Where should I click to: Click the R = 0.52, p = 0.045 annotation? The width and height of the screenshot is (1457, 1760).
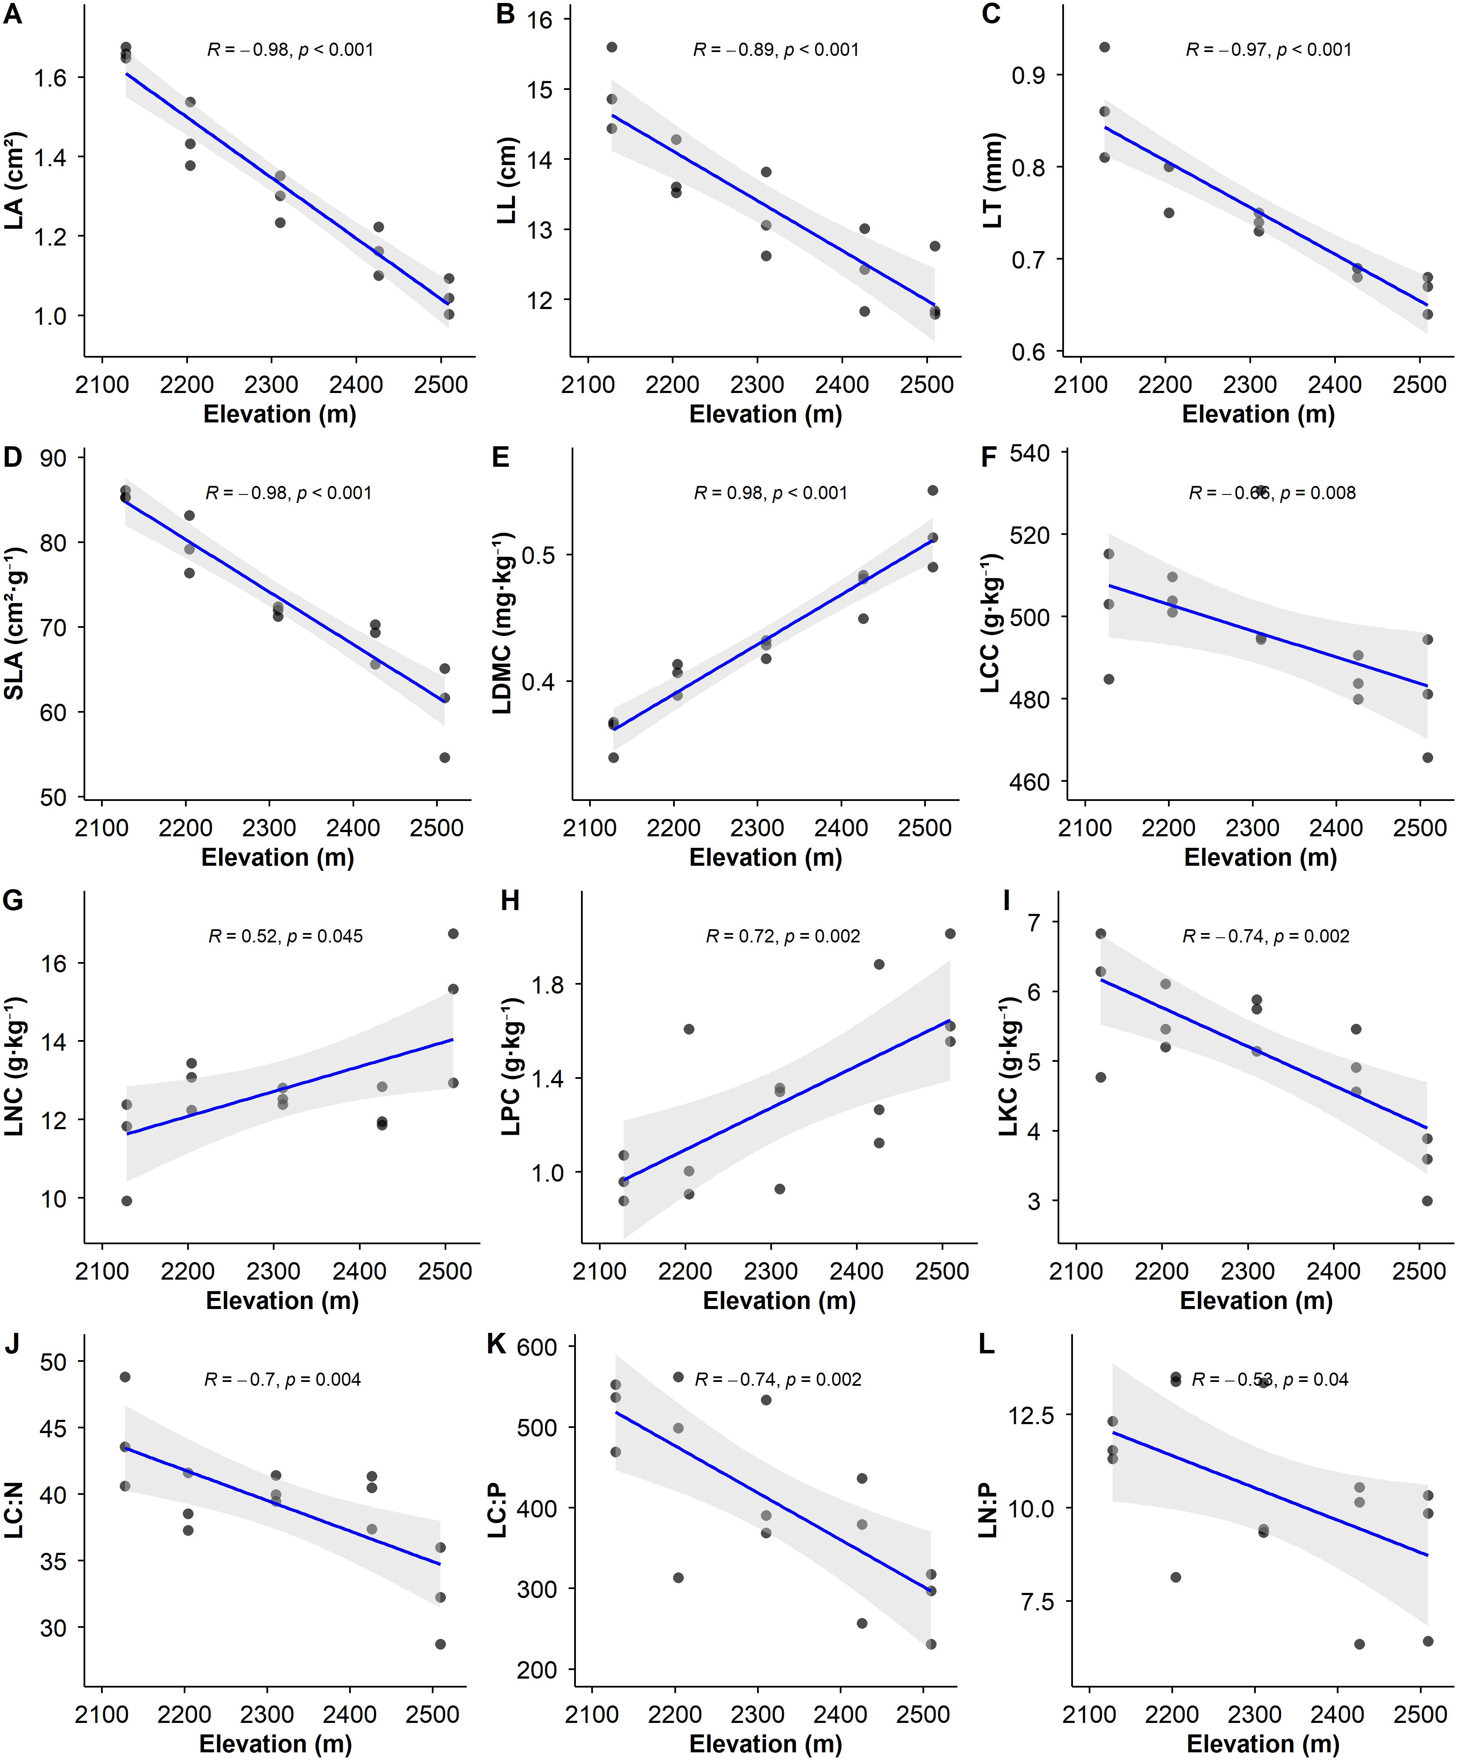pos(285,936)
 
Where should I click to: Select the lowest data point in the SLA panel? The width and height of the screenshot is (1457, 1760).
pos(444,757)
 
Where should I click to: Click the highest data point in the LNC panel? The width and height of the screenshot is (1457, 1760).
pos(453,933)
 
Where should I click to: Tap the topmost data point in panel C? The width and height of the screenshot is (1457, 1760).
pos(1104,47)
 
